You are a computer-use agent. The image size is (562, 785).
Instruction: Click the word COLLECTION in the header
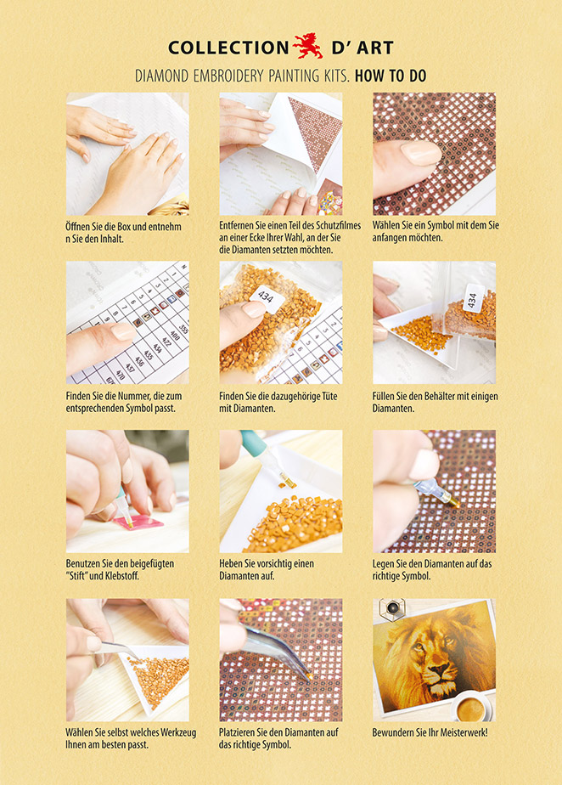click(228, 48)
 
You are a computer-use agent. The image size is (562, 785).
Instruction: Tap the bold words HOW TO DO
click(391, 76)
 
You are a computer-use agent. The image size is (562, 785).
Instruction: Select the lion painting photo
click(434, 656)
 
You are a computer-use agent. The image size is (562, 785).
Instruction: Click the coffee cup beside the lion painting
click(471, 706)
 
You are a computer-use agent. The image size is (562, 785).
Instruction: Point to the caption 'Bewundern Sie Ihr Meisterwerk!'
click(430, 732)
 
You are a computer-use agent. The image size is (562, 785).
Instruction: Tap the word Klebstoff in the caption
click(122, 576)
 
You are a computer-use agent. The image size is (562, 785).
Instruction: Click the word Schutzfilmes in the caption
click(338, 225)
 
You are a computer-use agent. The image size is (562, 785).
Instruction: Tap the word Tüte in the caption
click(329, 396)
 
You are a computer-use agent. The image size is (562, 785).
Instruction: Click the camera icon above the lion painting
click(392, 609)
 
